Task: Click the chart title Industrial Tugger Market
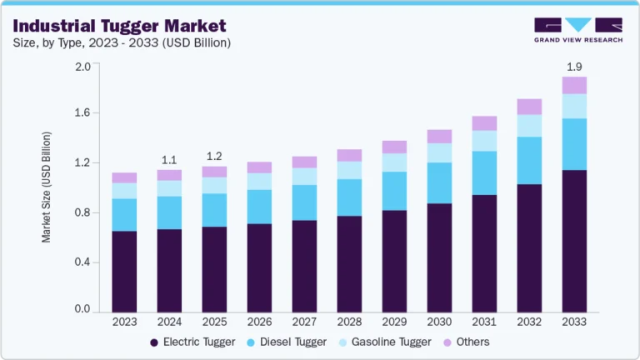pos(118,24)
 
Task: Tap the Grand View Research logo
pos(577,30)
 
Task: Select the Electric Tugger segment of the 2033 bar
pos(574,242)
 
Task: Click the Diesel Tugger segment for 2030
pos(439,182)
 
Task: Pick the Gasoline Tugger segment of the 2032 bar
pos(529,126)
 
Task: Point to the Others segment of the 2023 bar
pos(124,177)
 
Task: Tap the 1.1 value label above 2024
pos(169,160)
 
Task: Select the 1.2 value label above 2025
pos(214,156)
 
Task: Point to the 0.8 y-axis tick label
pos(82,212)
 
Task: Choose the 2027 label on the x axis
pos(304,322)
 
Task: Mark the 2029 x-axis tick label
pos(394,322)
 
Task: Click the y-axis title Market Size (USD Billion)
pos(47,187)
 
